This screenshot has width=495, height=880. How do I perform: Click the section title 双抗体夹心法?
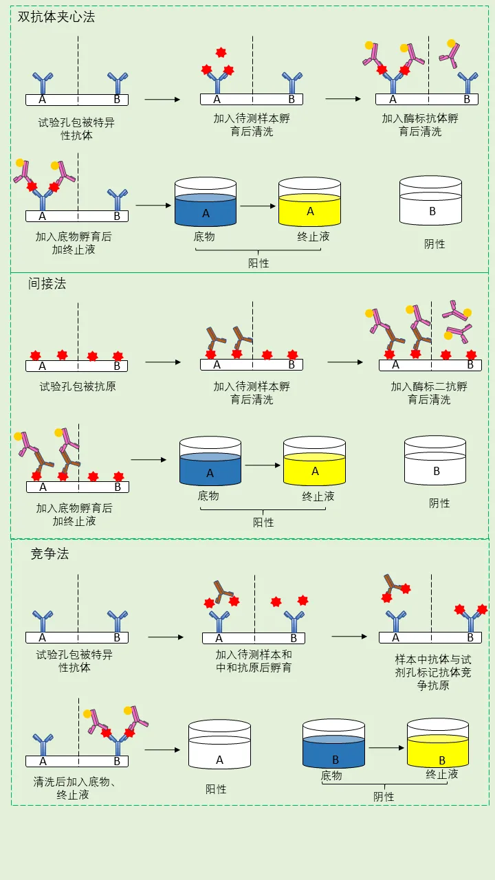click(56, 17)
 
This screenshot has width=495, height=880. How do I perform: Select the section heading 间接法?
click(47, 283)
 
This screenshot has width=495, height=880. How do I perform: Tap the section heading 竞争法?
click(49, 553)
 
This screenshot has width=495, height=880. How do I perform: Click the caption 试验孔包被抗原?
click(78, 386)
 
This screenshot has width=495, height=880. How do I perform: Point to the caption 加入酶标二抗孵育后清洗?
click(429, 393)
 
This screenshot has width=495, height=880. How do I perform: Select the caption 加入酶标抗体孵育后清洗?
click(420, 124)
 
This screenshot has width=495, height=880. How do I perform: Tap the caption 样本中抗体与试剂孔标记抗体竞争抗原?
click(433, 672)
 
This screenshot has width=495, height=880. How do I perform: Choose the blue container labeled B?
click(333, 746)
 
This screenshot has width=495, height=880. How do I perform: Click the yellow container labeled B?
click(438, 746)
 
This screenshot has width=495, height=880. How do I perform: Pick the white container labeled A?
click(219, 747)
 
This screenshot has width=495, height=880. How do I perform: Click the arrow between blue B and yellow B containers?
click(386, 747)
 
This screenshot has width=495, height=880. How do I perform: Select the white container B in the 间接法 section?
click(435, 462)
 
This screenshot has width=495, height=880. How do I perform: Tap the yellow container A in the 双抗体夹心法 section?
click(309, 203)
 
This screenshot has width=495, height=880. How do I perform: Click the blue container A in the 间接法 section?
click(210, 463)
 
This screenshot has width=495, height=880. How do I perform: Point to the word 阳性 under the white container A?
click(216, 789)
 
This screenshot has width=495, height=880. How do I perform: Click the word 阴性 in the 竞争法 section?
click(384, 796)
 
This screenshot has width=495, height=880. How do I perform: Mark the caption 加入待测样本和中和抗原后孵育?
click(254, 661)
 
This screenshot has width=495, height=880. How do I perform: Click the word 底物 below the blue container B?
click(331, 775)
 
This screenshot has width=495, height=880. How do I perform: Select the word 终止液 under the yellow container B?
click(441, 774)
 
